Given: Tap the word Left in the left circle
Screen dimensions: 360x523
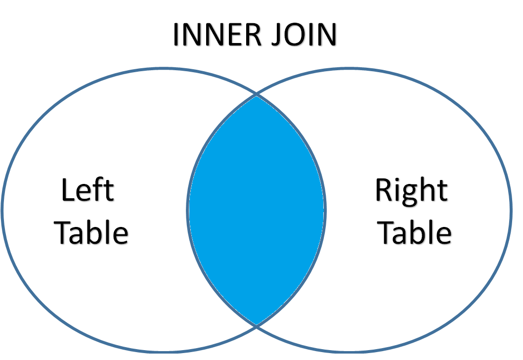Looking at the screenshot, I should (x=87, y=190).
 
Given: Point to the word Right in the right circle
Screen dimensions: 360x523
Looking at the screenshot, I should (x=412, y=191).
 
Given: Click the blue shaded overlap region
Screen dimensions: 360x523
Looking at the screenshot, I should (x=257, y=210).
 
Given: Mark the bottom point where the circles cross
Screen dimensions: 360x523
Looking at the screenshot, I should (x=257, y=325).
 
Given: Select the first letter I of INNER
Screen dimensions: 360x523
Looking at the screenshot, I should (x=176, y=35).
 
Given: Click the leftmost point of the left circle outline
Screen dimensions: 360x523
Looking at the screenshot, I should (x=2, y=210).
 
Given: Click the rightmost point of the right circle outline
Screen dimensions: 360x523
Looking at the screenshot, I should (x=511, y=210).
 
